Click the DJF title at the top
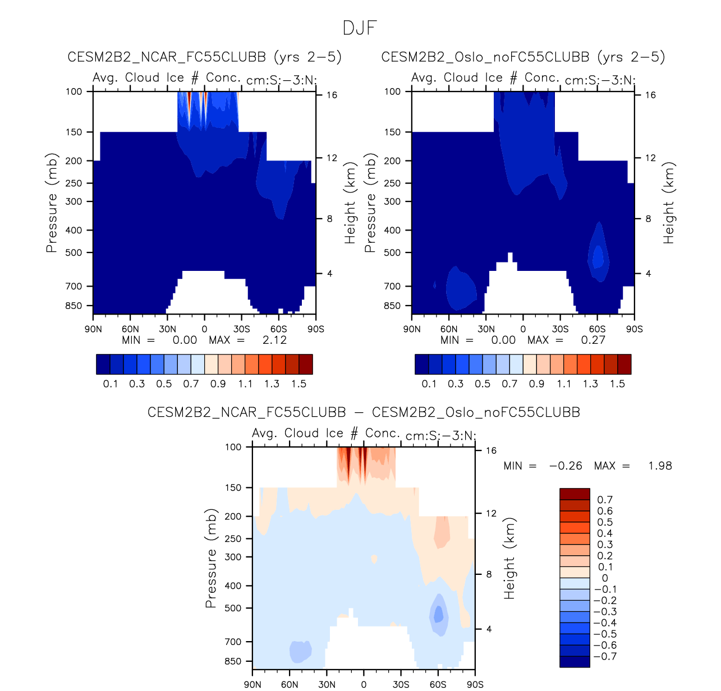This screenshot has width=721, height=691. pyautogui.click(x=360, y=28)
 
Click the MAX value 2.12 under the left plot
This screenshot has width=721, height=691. pyautogui.click(x=274, y=340)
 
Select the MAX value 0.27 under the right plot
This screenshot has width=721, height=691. pyautogui.click(x=593, y=340)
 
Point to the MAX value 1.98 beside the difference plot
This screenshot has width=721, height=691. pyautogui.click(x=660, y=466)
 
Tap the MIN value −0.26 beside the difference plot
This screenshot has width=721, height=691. pyautogui.click(x=566, y=466)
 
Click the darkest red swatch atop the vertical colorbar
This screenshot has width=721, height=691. pyautogui.click(x=575, y=494)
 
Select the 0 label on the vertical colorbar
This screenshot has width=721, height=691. pyautogui.click(x=605, y=578)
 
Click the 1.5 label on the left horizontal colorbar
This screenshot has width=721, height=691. pyautogui.click(x=298, y=384)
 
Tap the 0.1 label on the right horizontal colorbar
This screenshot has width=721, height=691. pyautogui.click(x=429, y=384)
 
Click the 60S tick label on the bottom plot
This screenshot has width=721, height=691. pyautogui.click(x=438, y=684)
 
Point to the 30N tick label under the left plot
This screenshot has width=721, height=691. pyautogui.click(x=167, y=329)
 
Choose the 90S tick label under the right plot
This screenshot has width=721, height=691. pyautogui.click(x=634, y=329)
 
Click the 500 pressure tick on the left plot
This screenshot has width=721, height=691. pyautogui.click(x=74, y=252)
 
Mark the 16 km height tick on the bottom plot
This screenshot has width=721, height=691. pyautogui.click(x=491, y=450)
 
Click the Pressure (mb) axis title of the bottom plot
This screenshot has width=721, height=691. pyautogui.click(x=210, y=559)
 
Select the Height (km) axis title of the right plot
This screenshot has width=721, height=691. pyautogui.click(x=668, y=203)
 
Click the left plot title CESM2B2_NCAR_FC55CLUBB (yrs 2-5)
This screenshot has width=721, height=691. pyautogui.click(x=204, y=57)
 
